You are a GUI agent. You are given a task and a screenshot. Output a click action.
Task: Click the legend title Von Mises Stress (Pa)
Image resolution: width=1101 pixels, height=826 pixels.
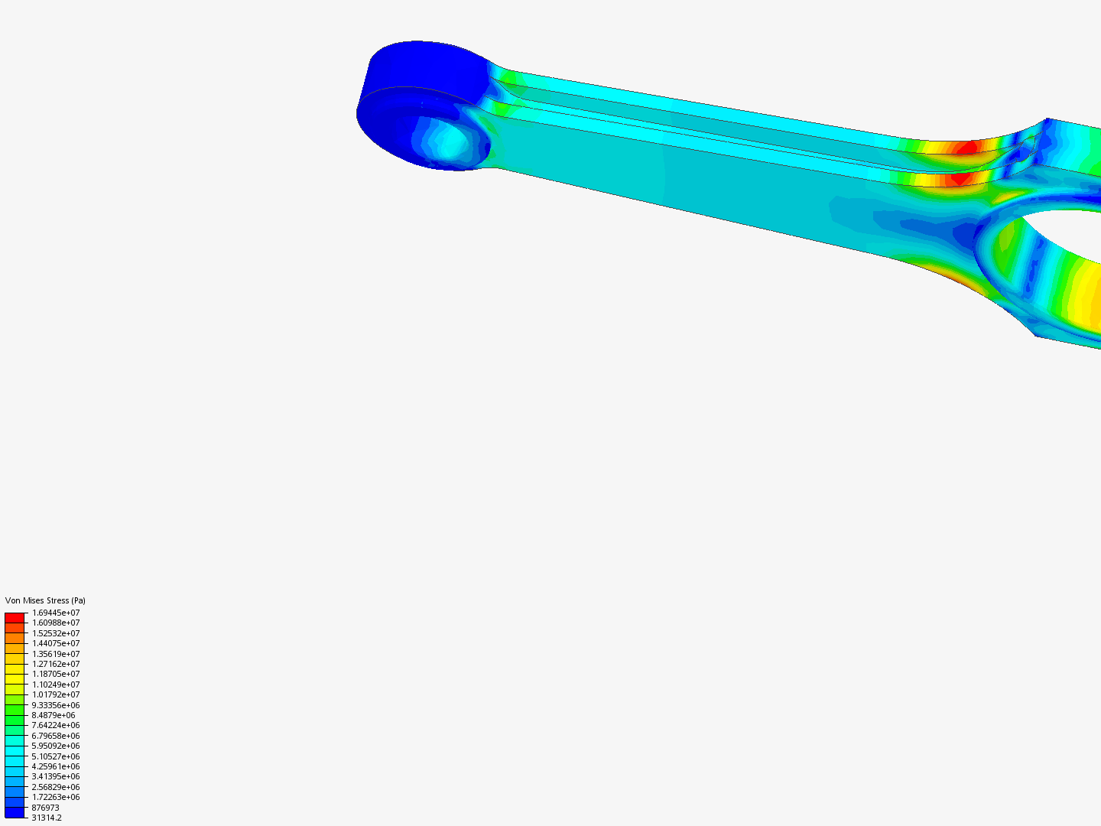[x=45, y=600]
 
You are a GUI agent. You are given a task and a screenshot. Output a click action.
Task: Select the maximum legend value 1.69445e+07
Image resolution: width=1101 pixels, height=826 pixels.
[x=56, y=613]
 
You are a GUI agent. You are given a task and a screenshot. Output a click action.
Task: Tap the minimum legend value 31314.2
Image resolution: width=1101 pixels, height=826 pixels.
[x=47, y=818]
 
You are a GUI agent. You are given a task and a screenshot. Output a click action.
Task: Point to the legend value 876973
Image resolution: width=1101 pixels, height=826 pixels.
[x=45, y=808]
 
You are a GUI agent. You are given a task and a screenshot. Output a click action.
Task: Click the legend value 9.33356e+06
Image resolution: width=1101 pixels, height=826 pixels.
[x=56, y=705]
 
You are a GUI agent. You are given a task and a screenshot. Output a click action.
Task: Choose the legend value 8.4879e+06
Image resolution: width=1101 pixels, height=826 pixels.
[x=54, y=715]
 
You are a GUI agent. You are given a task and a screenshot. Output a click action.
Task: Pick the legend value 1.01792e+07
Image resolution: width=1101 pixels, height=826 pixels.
[x=56, y=694]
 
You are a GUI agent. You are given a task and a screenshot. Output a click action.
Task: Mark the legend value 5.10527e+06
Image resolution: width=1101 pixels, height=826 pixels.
[x=56, y=756]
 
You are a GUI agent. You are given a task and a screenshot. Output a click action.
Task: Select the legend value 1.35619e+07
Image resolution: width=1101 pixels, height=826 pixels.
[x=56, y=654]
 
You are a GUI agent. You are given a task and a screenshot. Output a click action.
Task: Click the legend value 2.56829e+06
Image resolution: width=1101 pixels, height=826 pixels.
[x=56, y=787]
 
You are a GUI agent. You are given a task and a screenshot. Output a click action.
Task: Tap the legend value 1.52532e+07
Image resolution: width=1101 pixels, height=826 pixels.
[x=56, y=633]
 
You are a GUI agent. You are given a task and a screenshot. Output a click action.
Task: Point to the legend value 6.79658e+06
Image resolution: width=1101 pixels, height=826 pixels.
[x=56, y=736]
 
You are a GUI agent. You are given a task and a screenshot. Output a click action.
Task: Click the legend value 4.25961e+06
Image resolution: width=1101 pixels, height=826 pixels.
[x=56, y=766]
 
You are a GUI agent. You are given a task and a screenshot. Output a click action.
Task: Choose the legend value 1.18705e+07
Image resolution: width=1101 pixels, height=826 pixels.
[x=56, y=674]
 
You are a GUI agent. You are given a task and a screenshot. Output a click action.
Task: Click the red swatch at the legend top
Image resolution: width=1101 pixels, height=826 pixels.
[x=15, y=617]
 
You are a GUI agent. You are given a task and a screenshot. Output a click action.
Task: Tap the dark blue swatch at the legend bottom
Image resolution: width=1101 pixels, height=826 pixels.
[x=15, y=812]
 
